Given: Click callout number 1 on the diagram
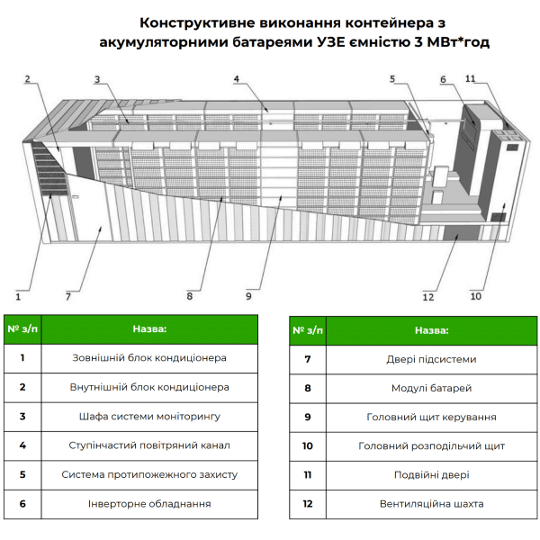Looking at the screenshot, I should pos(18,293).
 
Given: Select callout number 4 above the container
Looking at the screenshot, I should pos(236,79).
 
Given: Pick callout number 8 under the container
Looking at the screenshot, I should pos(190,293).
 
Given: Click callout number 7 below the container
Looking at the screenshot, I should pos(67,294).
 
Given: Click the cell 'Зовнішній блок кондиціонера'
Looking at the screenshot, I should pos(149,357).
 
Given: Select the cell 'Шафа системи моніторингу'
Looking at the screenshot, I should pos(149,417).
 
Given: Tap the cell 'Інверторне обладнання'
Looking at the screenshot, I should pos(149,503).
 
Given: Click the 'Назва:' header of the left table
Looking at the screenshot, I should pos(149,329).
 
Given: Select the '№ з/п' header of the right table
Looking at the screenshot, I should pos(307,330).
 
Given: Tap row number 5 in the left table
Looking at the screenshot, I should pos(22,474).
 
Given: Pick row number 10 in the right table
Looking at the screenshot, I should pos(307,445).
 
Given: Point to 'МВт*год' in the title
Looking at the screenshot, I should pos(456,41).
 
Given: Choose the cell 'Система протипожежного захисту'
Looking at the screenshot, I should pos(149,474).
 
